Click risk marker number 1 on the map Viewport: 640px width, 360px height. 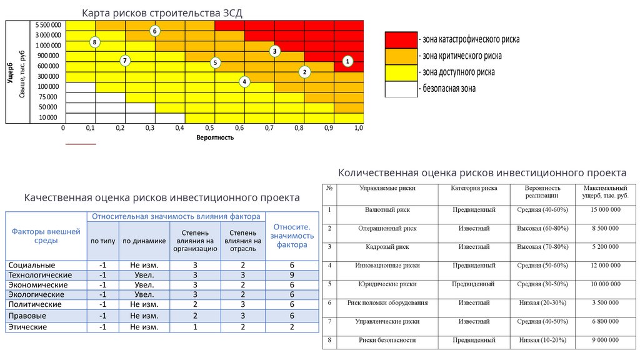tap(348, 61)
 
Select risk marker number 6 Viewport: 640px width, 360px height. tap(155, 31)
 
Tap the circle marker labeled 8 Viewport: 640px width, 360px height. tap(94, 42)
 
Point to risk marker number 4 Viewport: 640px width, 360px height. tap(244, 81)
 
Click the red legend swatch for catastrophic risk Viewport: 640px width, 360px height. tap(401, 39)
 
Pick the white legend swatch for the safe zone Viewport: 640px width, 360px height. tap(401, 89)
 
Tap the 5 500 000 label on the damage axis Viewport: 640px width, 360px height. tap(48, 24)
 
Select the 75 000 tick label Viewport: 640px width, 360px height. tap(48, 97)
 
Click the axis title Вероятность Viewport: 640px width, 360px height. tap(214, 137)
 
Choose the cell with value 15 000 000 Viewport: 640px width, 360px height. tap(605, 209)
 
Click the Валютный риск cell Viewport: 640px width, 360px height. tap(382, 209)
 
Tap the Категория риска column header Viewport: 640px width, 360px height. tap(474, 187)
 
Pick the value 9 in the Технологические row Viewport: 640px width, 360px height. tap(291, 275)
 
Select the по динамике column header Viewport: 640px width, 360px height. tap(144, 241)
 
